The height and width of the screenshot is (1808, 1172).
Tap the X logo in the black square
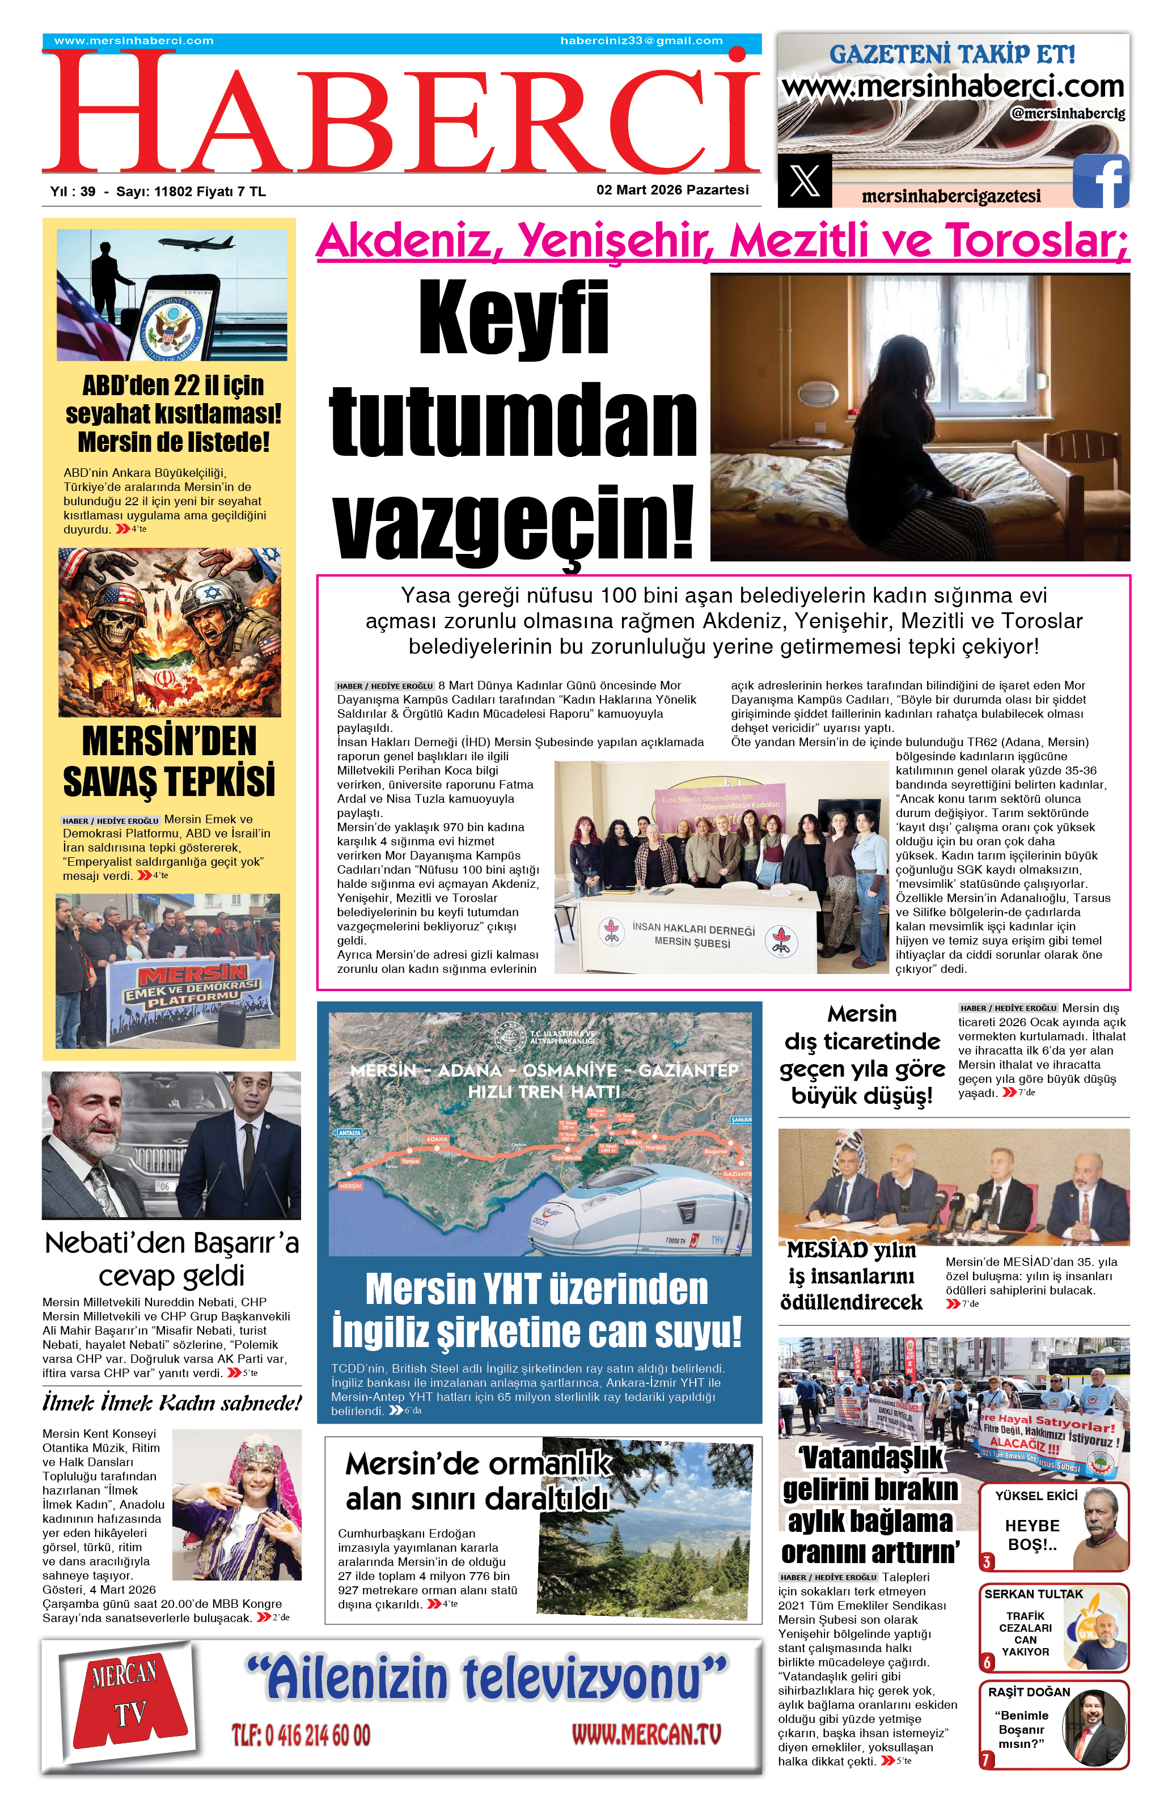[805, 180]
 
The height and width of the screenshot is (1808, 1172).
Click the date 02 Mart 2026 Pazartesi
[672, 190]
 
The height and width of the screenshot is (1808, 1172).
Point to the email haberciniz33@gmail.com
[641, 41]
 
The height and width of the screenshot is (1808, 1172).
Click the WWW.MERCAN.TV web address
[646, 1734]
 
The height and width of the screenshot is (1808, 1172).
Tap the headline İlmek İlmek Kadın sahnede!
[172, 1402]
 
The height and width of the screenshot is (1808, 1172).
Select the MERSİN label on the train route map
[350, 1186]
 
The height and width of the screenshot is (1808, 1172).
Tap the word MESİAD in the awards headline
[827, 1250]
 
